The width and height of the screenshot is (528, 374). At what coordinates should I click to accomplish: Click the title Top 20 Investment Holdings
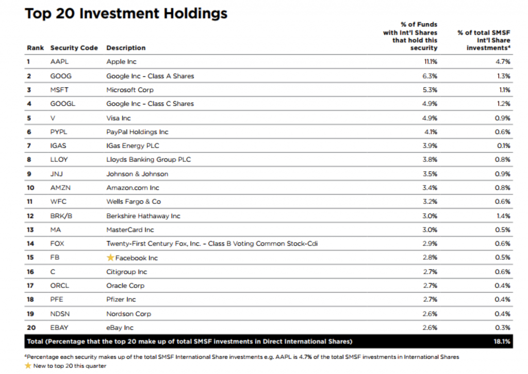coord(126,13)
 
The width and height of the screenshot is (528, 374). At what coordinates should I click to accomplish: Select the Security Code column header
coord(74,48)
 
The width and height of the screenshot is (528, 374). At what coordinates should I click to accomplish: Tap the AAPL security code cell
coord(59,62)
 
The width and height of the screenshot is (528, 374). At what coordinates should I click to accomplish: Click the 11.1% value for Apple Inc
coord(431,62)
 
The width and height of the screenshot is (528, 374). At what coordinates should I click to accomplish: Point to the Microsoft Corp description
coord(130,90)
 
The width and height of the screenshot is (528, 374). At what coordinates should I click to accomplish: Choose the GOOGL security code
coord(62,104)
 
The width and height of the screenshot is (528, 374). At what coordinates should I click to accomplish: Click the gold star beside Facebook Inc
coord(110,258)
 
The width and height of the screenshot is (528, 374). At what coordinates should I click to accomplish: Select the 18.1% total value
coord(502,342)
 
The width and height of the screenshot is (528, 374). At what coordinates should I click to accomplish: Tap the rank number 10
coord(30,188)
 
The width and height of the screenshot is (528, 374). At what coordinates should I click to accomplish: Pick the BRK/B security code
coord(61,216)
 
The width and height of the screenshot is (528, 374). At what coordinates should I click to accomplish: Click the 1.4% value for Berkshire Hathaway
coord(503,216)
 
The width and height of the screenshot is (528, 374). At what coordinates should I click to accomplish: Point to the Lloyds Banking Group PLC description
coord(148,159)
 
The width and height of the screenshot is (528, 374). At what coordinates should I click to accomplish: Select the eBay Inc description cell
coord(120,328)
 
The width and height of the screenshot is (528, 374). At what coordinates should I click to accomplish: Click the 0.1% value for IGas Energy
coord(503,145)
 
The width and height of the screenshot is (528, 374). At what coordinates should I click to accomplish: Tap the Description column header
coord(126,48)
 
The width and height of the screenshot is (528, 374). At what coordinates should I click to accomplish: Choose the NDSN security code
coord(60,314)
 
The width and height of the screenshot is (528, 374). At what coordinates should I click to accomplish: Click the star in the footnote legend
coord(28,366)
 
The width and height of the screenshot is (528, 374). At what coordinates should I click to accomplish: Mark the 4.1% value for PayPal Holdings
coord(431,132)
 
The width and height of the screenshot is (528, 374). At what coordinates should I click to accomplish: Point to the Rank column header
coord(36,48)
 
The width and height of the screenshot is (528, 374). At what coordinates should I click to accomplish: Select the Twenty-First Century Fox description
coord(212,243)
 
